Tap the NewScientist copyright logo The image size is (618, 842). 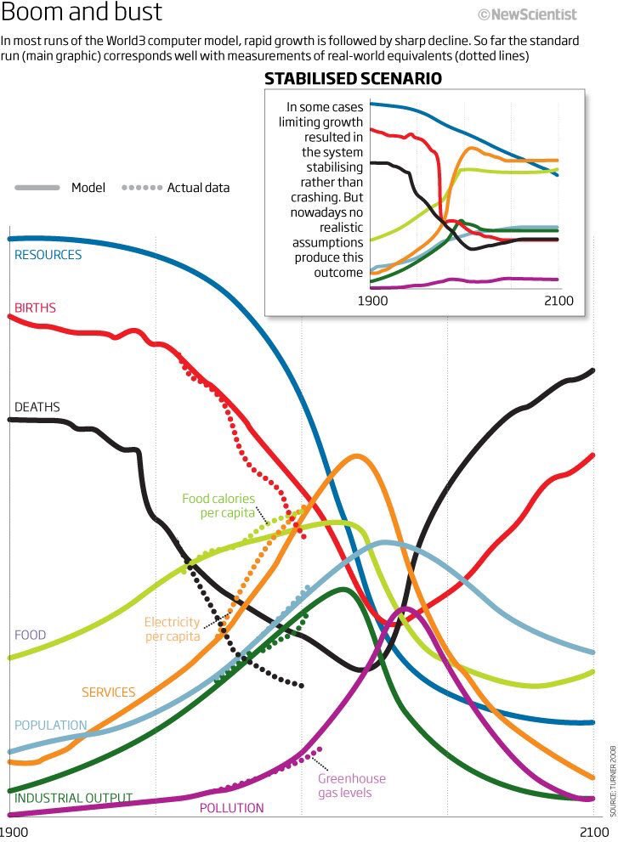(x=527, y=14)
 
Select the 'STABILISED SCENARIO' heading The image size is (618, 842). (x=353, y=79)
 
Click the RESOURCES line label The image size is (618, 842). (x=48, y=255)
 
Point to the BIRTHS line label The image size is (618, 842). (x=35, y=308)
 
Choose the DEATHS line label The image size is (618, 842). (x=37, y=407)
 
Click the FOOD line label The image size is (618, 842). (x=30, y=635)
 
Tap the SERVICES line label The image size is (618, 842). (x=108, y=692)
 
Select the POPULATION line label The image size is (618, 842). (x=50, y=725)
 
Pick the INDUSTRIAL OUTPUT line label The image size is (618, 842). (x=73, y=798)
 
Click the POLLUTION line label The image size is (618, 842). (x=231, y=808)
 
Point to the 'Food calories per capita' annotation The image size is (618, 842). (x=218, y=506)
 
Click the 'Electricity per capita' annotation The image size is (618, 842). (x=172, y=629)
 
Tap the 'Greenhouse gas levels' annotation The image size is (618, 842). (x=351, y=785)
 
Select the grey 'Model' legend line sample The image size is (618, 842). (x=37, y=187)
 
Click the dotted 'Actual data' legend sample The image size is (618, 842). (x=142, y=187)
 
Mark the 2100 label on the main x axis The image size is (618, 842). (x=596, y=830)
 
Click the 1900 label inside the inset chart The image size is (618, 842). (x=372, y=301)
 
